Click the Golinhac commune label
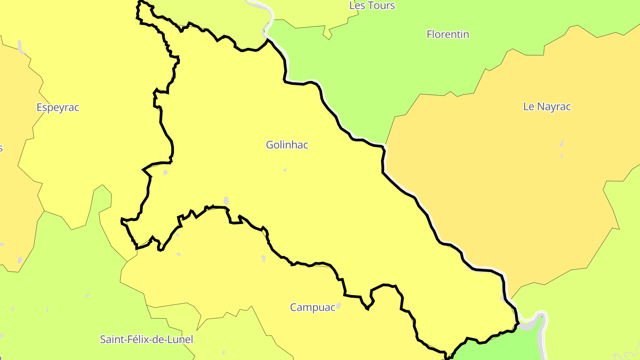point(287,145)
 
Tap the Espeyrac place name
point(58,108)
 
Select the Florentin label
point(448,34)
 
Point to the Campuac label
point(312,308)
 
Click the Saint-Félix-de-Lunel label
point(147,340)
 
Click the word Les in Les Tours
point(357,6)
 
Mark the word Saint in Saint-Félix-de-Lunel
point(112,340)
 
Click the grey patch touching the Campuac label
point(338,305)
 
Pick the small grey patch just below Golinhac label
point(284,170)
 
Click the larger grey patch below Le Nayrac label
point(562,144)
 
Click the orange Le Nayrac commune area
point(511,200)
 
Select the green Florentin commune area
point(400,67)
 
